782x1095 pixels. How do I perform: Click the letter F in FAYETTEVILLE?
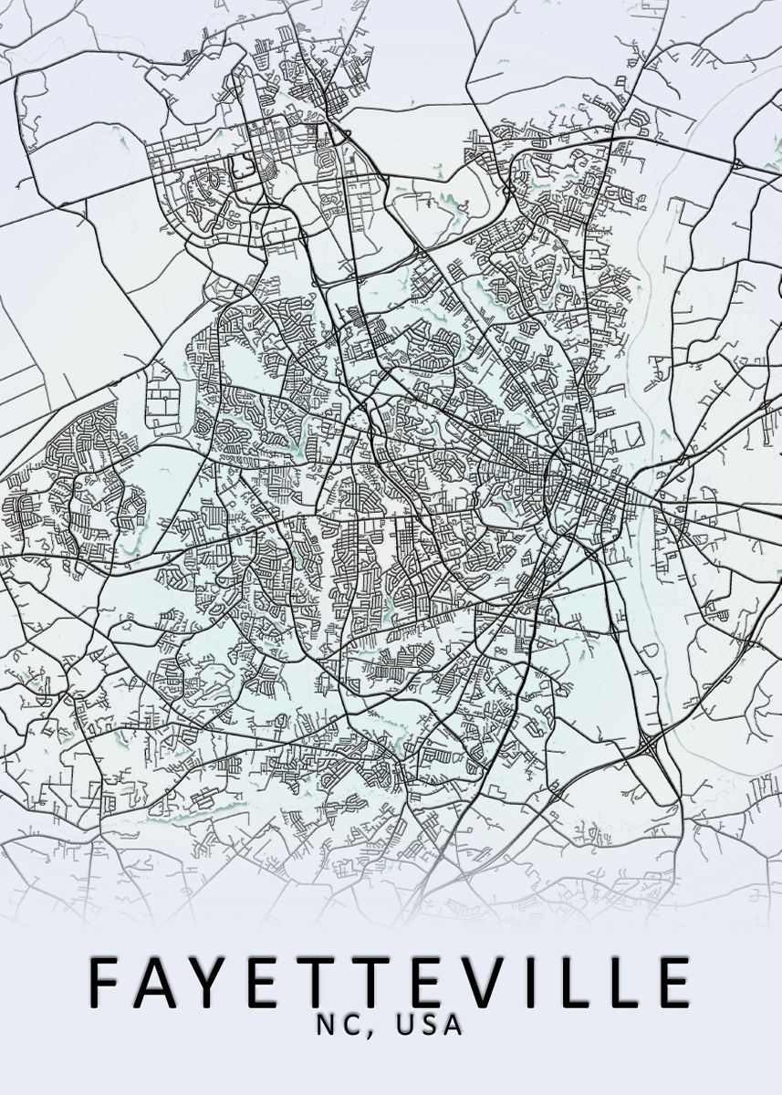pyautogui.click(x=108, y=984)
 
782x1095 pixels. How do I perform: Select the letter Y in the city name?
pyautogui.click(x=215, y=984)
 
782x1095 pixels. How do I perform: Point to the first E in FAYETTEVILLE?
pyautogui.click(x=267, y=984)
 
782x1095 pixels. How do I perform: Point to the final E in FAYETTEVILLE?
pyautogui.click(x=670, y=984)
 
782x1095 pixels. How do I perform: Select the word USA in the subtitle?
pyautogui.click(x=429, y=1026)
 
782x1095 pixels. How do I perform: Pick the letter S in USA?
pyautogui.click(x=429, y=1026)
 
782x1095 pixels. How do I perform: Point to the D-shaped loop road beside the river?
pyautogui.click(x=650, y=650)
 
